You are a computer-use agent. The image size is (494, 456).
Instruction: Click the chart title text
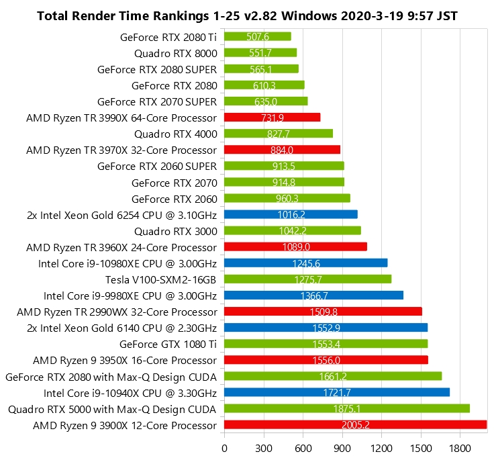coord(247,15)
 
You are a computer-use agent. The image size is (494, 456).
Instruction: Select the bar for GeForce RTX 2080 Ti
coord(257,36)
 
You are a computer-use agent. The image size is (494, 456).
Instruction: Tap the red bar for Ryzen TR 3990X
coord(272,118)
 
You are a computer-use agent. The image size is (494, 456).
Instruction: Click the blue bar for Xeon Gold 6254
coord(291,214)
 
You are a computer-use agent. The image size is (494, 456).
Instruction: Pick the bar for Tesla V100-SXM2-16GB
coord(307,279)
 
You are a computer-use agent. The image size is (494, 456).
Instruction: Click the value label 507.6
coord(258,36)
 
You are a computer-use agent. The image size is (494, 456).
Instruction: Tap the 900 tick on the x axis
coord(342,446)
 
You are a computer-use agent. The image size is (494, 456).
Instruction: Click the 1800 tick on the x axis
coord(460,446)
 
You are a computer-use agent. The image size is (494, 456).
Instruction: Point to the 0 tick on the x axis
coord(224,446)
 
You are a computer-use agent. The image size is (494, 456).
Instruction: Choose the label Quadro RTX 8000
coord(175,52)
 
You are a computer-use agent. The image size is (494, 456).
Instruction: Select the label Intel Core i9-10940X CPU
coord(130,392)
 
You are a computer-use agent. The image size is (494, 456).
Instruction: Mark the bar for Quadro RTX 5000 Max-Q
coord(346,408)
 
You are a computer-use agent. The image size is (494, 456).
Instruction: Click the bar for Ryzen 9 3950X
coord(326,360)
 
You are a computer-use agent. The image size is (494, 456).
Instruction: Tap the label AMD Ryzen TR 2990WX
coord(117,312)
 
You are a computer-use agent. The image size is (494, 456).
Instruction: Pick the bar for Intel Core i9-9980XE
coord(313,295)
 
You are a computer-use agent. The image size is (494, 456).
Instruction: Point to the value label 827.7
coord(279,134)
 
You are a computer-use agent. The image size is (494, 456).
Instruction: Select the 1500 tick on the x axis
coord(421,446)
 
